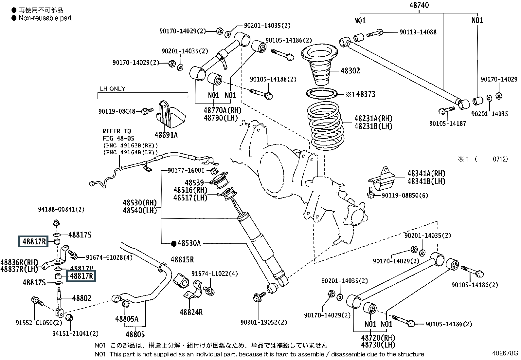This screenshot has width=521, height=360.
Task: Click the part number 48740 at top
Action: pos(419,5)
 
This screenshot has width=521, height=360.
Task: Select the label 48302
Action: pos(350,71)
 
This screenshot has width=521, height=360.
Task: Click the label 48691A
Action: pos(166,135)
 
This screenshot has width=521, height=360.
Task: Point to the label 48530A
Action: pos(189,243)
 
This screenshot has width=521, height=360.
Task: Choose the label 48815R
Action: pos(182,260)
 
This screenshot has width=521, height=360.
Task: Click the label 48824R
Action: pos(191,312)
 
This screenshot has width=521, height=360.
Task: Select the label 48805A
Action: pos(127,318)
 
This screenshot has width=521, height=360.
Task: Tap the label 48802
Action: pos(81,298)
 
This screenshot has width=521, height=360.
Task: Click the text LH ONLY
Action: pos(112,89)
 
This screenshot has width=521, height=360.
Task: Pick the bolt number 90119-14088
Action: pos(418,32)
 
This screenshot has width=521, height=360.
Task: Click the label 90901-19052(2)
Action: pos(264,322)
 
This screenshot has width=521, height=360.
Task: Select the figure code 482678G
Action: pos(505,353)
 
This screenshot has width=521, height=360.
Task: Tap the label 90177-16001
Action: pos(186,170)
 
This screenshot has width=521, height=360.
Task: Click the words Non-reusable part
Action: pos(45,18)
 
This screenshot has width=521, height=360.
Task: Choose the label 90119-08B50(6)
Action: pos(405,195)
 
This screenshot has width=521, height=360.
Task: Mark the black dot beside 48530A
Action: pos(173,243)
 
